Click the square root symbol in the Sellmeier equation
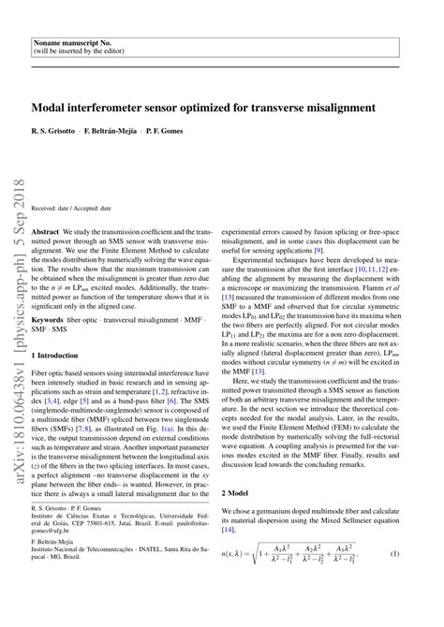pyautogui.click(x=272, y=582)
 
